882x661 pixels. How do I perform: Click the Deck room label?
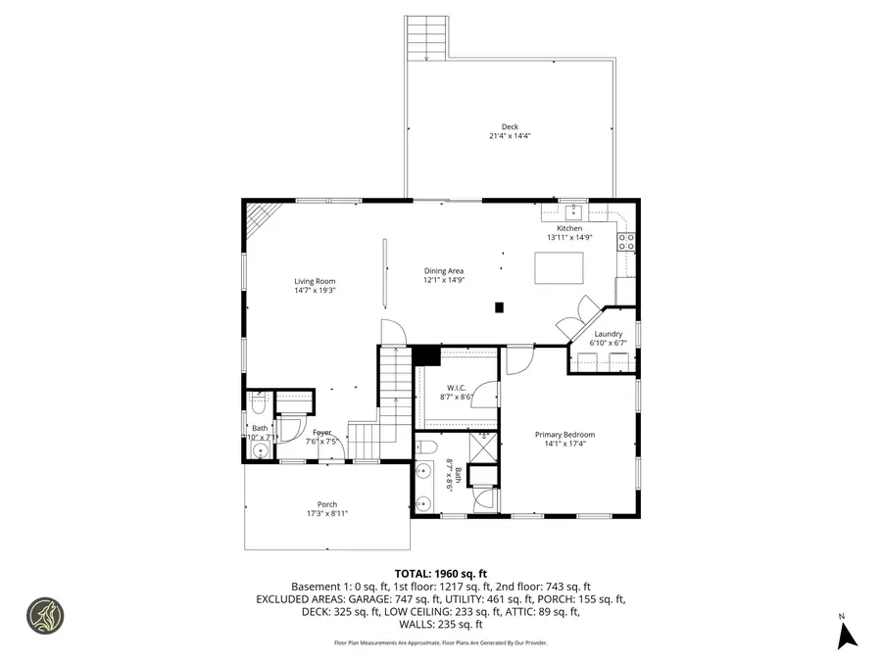[510, 126]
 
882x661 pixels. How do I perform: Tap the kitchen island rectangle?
[559, 267]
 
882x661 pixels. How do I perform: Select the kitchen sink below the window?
[574, 212]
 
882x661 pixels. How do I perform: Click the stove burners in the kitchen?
[626, 241]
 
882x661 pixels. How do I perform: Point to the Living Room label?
[315, 281]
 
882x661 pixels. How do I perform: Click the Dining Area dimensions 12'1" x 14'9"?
[443, 280]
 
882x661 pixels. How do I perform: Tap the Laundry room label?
[608, 334]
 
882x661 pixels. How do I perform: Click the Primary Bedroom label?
[564, 435]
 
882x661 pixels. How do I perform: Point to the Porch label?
[326, 504]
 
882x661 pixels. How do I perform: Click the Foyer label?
[322, 432]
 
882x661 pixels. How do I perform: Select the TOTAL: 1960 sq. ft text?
[440, 573]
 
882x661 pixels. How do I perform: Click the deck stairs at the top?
[426, 38]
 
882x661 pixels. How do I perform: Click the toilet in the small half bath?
[259, 401]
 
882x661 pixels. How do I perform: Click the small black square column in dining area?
[499, 307]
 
